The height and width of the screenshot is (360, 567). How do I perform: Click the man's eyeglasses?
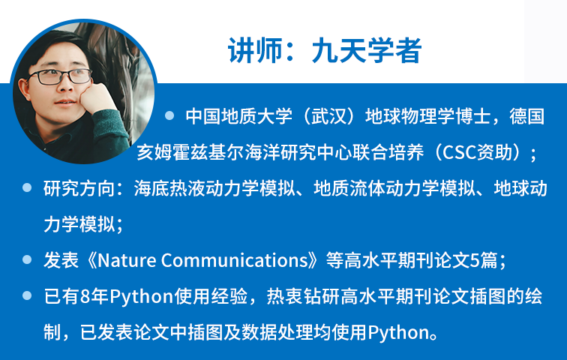63,76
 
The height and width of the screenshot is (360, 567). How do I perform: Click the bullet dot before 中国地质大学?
169,116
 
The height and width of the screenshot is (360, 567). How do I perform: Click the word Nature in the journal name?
127,260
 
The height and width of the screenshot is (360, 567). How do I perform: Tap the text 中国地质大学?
231,117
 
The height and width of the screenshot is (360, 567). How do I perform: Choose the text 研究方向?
79,188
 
